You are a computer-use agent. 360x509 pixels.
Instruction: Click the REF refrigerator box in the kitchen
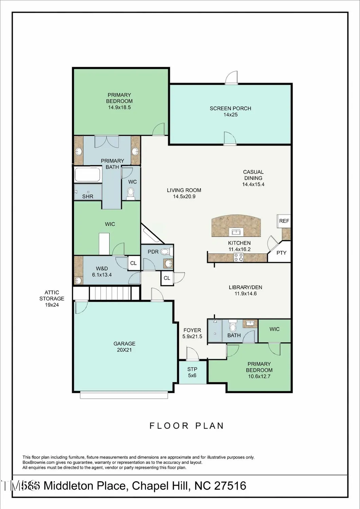[x=284, y=221]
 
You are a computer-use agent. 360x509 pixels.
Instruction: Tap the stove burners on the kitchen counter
[x=239, y=258]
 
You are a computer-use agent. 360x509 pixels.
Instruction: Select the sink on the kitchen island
[x=236, y=232]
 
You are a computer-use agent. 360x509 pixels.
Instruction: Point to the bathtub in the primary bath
[x=88, y=174]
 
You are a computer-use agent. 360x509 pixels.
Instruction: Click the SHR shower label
[x=88, y=196]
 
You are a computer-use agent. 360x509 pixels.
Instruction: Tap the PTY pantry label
[x=281, y=253]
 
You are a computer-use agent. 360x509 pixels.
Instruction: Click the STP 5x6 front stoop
[x=192, y=372]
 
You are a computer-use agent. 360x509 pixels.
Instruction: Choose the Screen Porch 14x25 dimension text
[x=230, y=115]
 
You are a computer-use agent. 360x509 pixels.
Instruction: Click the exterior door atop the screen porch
[x=232, y=78]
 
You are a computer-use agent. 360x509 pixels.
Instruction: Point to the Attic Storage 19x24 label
[x=52, y=299]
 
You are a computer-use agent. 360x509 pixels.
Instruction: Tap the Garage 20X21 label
[x=124, y=347]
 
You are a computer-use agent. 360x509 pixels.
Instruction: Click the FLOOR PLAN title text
[x=187, y=426]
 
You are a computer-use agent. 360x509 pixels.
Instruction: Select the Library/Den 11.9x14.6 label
[x=245, y=290]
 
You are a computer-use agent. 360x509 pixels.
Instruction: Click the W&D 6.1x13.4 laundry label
[x=102, y=272]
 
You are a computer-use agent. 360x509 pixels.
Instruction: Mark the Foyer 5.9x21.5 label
[x=192, y=333]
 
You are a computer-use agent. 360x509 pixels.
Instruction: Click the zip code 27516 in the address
[x=230, y=486]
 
